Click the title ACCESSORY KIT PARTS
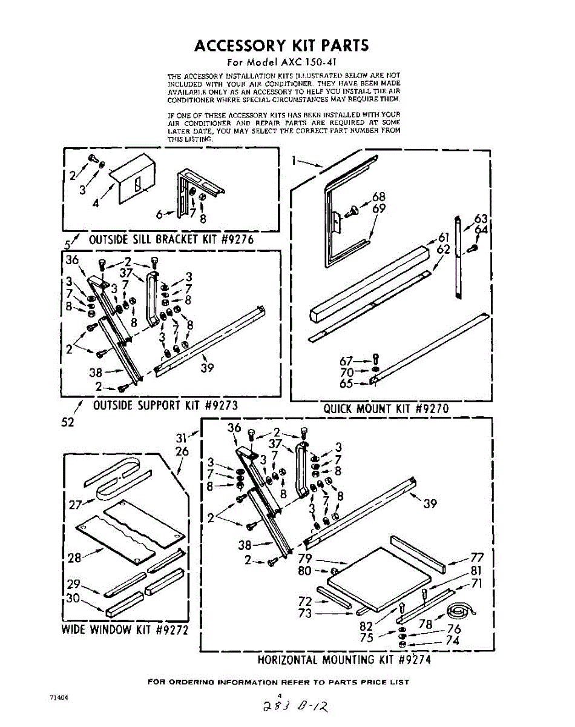281,46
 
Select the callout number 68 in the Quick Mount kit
379,196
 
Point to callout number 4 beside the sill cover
96,203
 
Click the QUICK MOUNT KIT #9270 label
386,408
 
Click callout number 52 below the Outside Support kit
68,422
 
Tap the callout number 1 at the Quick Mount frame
294,161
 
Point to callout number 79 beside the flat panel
304,558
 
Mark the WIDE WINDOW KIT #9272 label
125,629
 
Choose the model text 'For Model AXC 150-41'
280,62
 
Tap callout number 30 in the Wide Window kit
74,598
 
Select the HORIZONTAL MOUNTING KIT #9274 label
344,659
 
